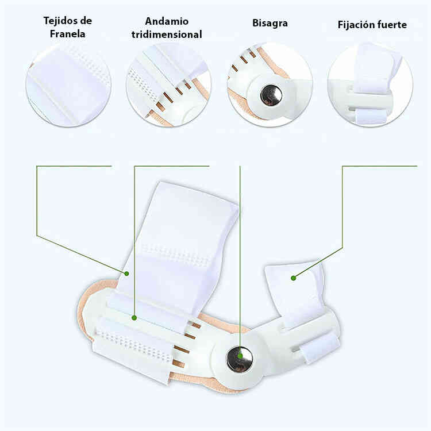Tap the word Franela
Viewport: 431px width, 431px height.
[67, 34]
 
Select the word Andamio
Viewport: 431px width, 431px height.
[167, 21]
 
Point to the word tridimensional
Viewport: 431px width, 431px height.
[167, 34]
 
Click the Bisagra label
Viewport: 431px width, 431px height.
[270, 24]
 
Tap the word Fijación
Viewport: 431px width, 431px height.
[356, 25]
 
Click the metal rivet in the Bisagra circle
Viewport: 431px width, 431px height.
[271, 95]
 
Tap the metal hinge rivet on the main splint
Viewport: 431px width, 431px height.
[240, 359]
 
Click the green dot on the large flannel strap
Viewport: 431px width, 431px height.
[126, 274]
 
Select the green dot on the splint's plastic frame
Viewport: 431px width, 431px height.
[134, 318]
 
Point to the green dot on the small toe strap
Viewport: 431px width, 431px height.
[293, 278]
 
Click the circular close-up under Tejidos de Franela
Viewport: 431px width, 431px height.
[68, 84]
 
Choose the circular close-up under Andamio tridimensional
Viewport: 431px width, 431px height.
[168, 84]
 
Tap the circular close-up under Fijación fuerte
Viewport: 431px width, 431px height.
[370, 84]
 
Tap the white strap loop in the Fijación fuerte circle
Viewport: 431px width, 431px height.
[372, 116]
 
